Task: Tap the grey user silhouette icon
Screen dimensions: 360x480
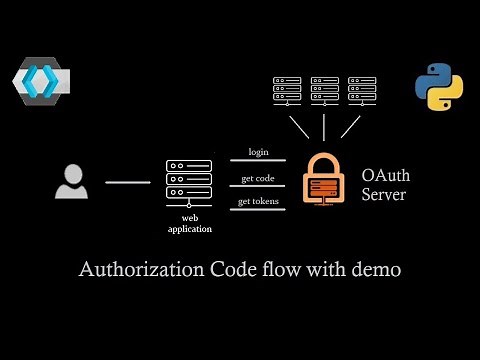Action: click(x=71, y=183)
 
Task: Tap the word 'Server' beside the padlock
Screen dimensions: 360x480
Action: click(x=384, y=194)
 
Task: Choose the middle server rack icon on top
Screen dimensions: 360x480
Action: click(x=325, y=90)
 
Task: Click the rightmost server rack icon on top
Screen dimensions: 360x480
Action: click(x=361, y=90)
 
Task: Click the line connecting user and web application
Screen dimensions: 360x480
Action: click(x=127, y=183)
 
